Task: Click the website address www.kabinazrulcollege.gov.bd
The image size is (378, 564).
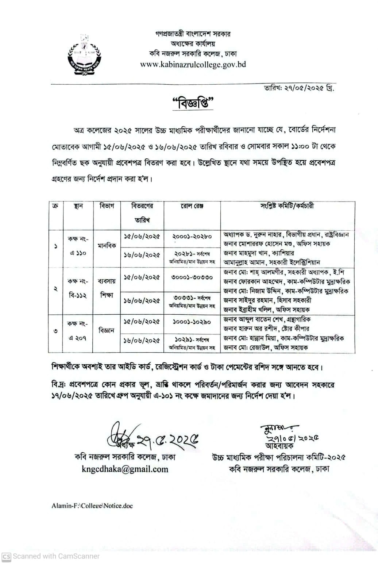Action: coord(193,65)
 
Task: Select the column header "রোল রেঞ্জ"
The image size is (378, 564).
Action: coord(192,206)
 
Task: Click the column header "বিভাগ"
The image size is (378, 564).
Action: coord(107,206)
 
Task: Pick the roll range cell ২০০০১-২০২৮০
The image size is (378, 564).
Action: coord(192,236)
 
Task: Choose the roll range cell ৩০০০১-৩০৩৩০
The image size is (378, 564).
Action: coord(192,277)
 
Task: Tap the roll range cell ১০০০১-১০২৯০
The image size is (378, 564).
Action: coord(192,322)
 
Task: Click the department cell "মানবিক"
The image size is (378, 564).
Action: coord(107,246)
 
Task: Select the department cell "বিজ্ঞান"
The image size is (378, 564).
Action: coord(107,330)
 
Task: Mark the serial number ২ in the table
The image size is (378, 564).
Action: coord(55,288)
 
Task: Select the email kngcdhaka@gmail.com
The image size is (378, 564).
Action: coord(125,469)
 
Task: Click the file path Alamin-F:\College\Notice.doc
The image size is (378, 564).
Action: coord(92,506)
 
